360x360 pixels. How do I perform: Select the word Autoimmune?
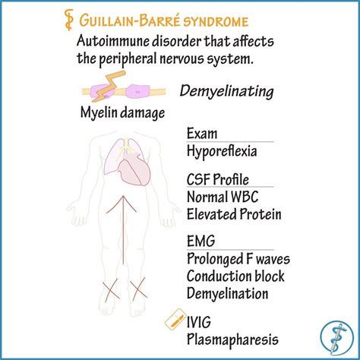(x=113, y=41)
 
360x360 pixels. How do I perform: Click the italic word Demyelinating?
(x=226, y=92)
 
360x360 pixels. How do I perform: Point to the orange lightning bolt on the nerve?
(x=111, y=85)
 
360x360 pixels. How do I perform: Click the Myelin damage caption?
(x=122, y=113)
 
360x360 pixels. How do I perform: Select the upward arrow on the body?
(x=123, y=229)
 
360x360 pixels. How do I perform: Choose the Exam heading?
(x=202, y=134)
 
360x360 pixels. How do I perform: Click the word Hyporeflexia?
(x=222, y=151)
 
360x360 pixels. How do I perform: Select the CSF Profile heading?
(x=218, y=179)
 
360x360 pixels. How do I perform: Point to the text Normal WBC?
(x=223, y=197)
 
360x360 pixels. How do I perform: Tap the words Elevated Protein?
(x=234, y=214)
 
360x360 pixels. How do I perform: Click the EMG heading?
(x=201, y=241)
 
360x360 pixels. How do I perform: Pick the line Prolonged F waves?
(x=238, y=259)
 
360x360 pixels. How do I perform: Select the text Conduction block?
(x=235, y=276)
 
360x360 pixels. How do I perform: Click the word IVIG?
(x=199, y=322)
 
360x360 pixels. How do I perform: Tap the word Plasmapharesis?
(x=232, y=339)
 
